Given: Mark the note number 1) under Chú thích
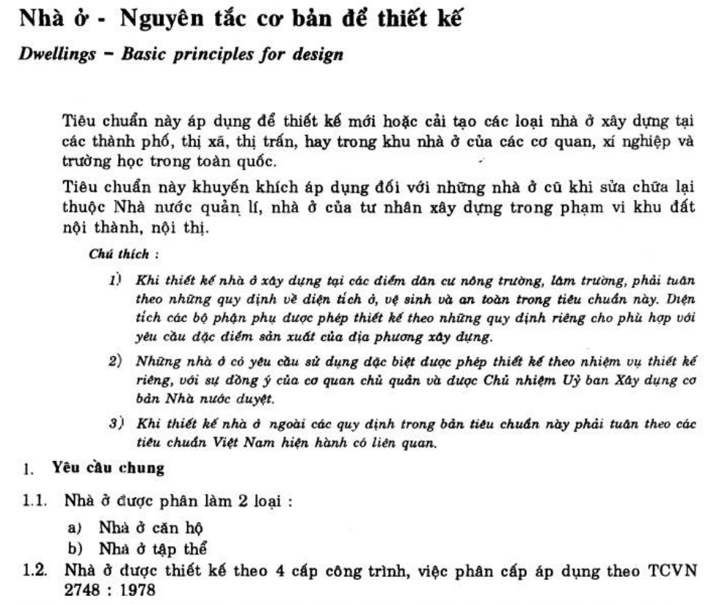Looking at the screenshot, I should [114, 282].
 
